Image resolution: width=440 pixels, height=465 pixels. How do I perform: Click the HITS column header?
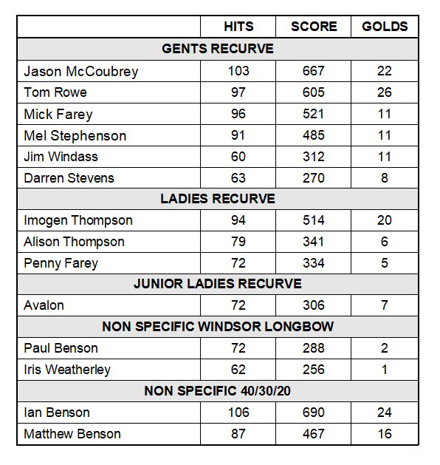pyautogui.click(x=238, y=27)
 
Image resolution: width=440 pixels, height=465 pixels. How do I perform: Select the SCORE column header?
pyautogui.click(x=313, y=27)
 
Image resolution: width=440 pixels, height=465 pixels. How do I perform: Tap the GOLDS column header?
pyautogui.click(x=385, y=27)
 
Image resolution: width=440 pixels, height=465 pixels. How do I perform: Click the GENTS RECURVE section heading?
pyautogui.click(x=217, y=49)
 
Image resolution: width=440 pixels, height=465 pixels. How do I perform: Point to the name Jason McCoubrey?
pyautogui.click(x=80, y=71)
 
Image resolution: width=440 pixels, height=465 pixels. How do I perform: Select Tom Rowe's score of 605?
pyautogui.click(x=313, y=92)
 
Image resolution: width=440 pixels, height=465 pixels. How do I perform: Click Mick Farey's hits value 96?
pyautogui.click(x=238, y=114)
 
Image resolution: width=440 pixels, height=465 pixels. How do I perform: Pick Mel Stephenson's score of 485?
pyautogui.click(x=313, y=135)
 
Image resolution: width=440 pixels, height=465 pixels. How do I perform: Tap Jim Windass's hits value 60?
pyautogui.click(x=238, y=157)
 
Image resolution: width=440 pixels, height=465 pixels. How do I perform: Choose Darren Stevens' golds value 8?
pyautogui.click(x=385, y=178)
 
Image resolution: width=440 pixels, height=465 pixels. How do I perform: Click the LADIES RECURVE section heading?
pyautogui.click(x=217, y=199)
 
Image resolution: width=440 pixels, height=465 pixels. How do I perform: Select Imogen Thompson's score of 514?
pyautogui.click(x=313, y=220)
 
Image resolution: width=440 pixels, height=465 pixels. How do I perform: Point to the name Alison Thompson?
pyautogui.click(x=74, y=242)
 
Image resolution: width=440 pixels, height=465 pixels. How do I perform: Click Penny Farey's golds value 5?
pyautogui.click(x=385, y=262)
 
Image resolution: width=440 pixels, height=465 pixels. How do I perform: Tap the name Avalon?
pyautogui.click(x=44, y=305)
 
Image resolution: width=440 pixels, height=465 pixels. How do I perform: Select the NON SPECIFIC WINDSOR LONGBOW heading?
pyautogui.click(x=217, y=327)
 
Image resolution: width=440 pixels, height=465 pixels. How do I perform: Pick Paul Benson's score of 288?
pyautogui.click(x=313, y=348)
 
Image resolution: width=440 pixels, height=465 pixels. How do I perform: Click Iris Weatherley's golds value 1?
pyautogui.click(x=385, y=370)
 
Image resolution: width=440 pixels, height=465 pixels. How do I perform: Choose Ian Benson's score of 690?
pyautogui.click(x=313, y=413)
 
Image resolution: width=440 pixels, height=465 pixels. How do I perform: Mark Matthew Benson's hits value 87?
pyautogui.click(x=238, y=434)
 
